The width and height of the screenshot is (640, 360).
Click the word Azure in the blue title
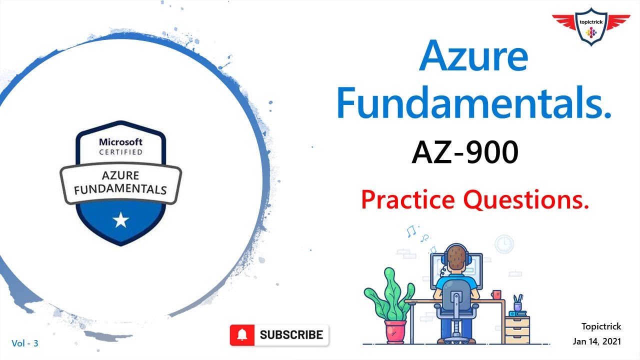coord(474,56)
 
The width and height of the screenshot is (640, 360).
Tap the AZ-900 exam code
coord(464,152)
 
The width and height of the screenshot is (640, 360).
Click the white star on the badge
coord(120,219)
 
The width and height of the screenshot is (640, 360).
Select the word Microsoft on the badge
coord(120,142)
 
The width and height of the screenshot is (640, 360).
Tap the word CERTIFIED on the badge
coord(120,152)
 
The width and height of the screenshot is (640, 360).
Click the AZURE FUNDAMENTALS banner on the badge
coord(120,182)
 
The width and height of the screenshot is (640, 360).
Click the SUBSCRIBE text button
coord(291,335)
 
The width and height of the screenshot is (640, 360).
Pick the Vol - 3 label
coord(25,343)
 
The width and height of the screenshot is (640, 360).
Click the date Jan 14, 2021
coord(597,341)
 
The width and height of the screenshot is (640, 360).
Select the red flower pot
coord(395,330)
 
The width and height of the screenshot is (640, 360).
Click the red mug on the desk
coord(496,294)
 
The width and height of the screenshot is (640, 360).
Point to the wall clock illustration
coord(504,244)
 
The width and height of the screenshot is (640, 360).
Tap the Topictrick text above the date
coord(601,326)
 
